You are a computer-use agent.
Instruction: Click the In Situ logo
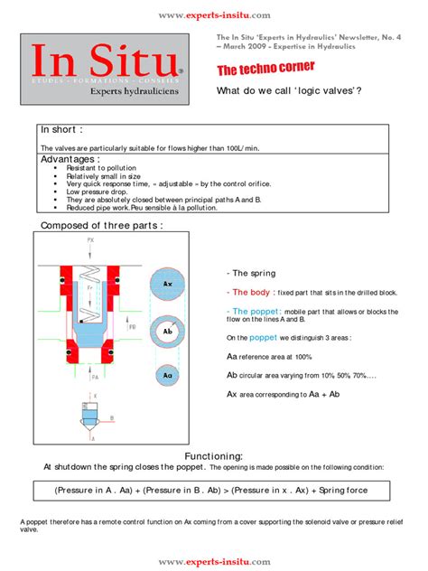coord(106,68)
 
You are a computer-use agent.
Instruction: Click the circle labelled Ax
coord(168,283)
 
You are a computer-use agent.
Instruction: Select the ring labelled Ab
coord(168,332)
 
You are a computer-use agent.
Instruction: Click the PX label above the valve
coord(90,241)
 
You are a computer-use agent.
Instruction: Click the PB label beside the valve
coord(134,327)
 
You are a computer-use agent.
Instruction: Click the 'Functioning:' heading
coord(214,456)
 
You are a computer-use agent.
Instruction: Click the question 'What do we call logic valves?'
coord(289,92)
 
